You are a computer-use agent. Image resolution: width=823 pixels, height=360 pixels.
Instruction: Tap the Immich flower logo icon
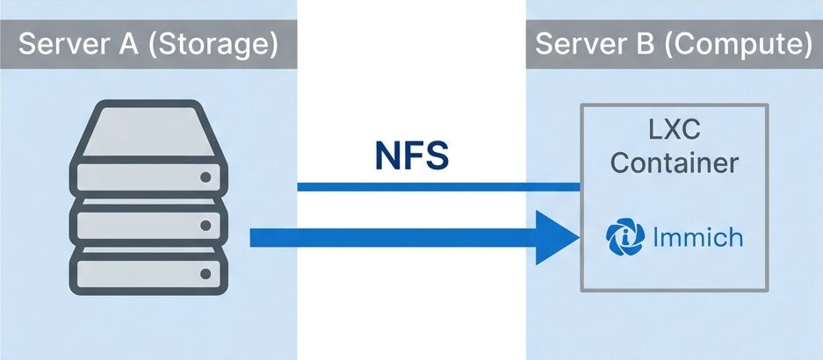click(x=626, y=238)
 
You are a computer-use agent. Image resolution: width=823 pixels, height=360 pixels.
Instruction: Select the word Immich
click(x=699, y=237)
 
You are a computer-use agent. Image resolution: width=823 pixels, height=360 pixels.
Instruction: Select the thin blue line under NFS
click(x=438, y=187)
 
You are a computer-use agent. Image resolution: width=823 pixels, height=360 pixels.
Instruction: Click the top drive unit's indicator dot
click(x=206, y=177)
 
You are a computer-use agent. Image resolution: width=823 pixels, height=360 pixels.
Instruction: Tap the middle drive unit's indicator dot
click(x=206, y=227)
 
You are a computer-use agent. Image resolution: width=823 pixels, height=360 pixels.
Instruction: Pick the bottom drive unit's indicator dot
click(x=206, y=275)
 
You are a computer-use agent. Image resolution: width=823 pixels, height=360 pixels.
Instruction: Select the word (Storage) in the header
click(x=210, y=44)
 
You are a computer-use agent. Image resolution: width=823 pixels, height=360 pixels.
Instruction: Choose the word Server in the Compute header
click(x=581, y=44)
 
